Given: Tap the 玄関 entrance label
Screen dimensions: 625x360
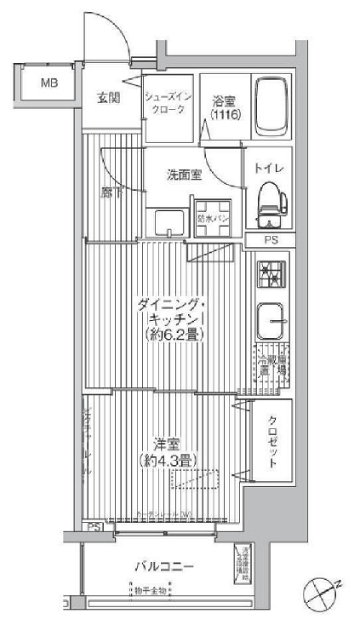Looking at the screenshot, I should [x=107, y=96].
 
